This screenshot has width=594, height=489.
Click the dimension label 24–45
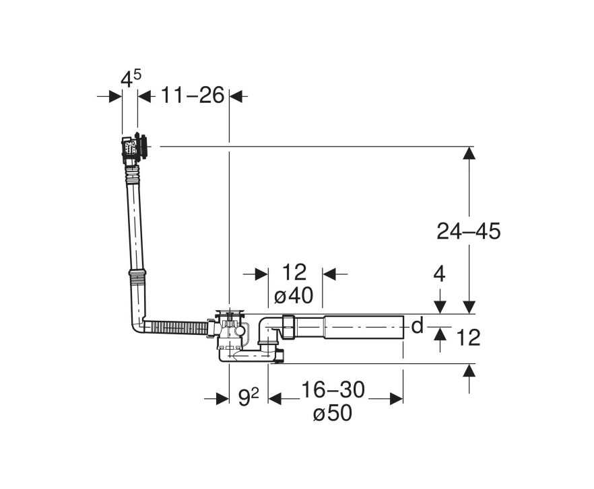pyautogui.click(x=468, y=231)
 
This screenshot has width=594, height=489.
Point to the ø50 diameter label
pyautogui.click(x=332, y=414)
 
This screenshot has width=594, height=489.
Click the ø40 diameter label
pyautogui.click(x=295, y=295)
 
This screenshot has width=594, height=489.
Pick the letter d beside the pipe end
pyautogui.click(x=418, y=326)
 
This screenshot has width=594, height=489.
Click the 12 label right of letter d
pyautogui.click(x=467, y=338)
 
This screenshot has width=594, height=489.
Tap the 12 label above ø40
pyautogui.click(x=294, y=272)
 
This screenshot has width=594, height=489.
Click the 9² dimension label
pyautogui.click(x=249, y=398)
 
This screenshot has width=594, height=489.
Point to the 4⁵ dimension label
pyautogui.click(x=131, y=79)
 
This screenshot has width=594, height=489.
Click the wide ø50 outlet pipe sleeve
pyautogui.click(x=363, y=327)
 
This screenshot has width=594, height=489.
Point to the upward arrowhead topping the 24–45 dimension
pyautogui.click(x=468, y=153)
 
